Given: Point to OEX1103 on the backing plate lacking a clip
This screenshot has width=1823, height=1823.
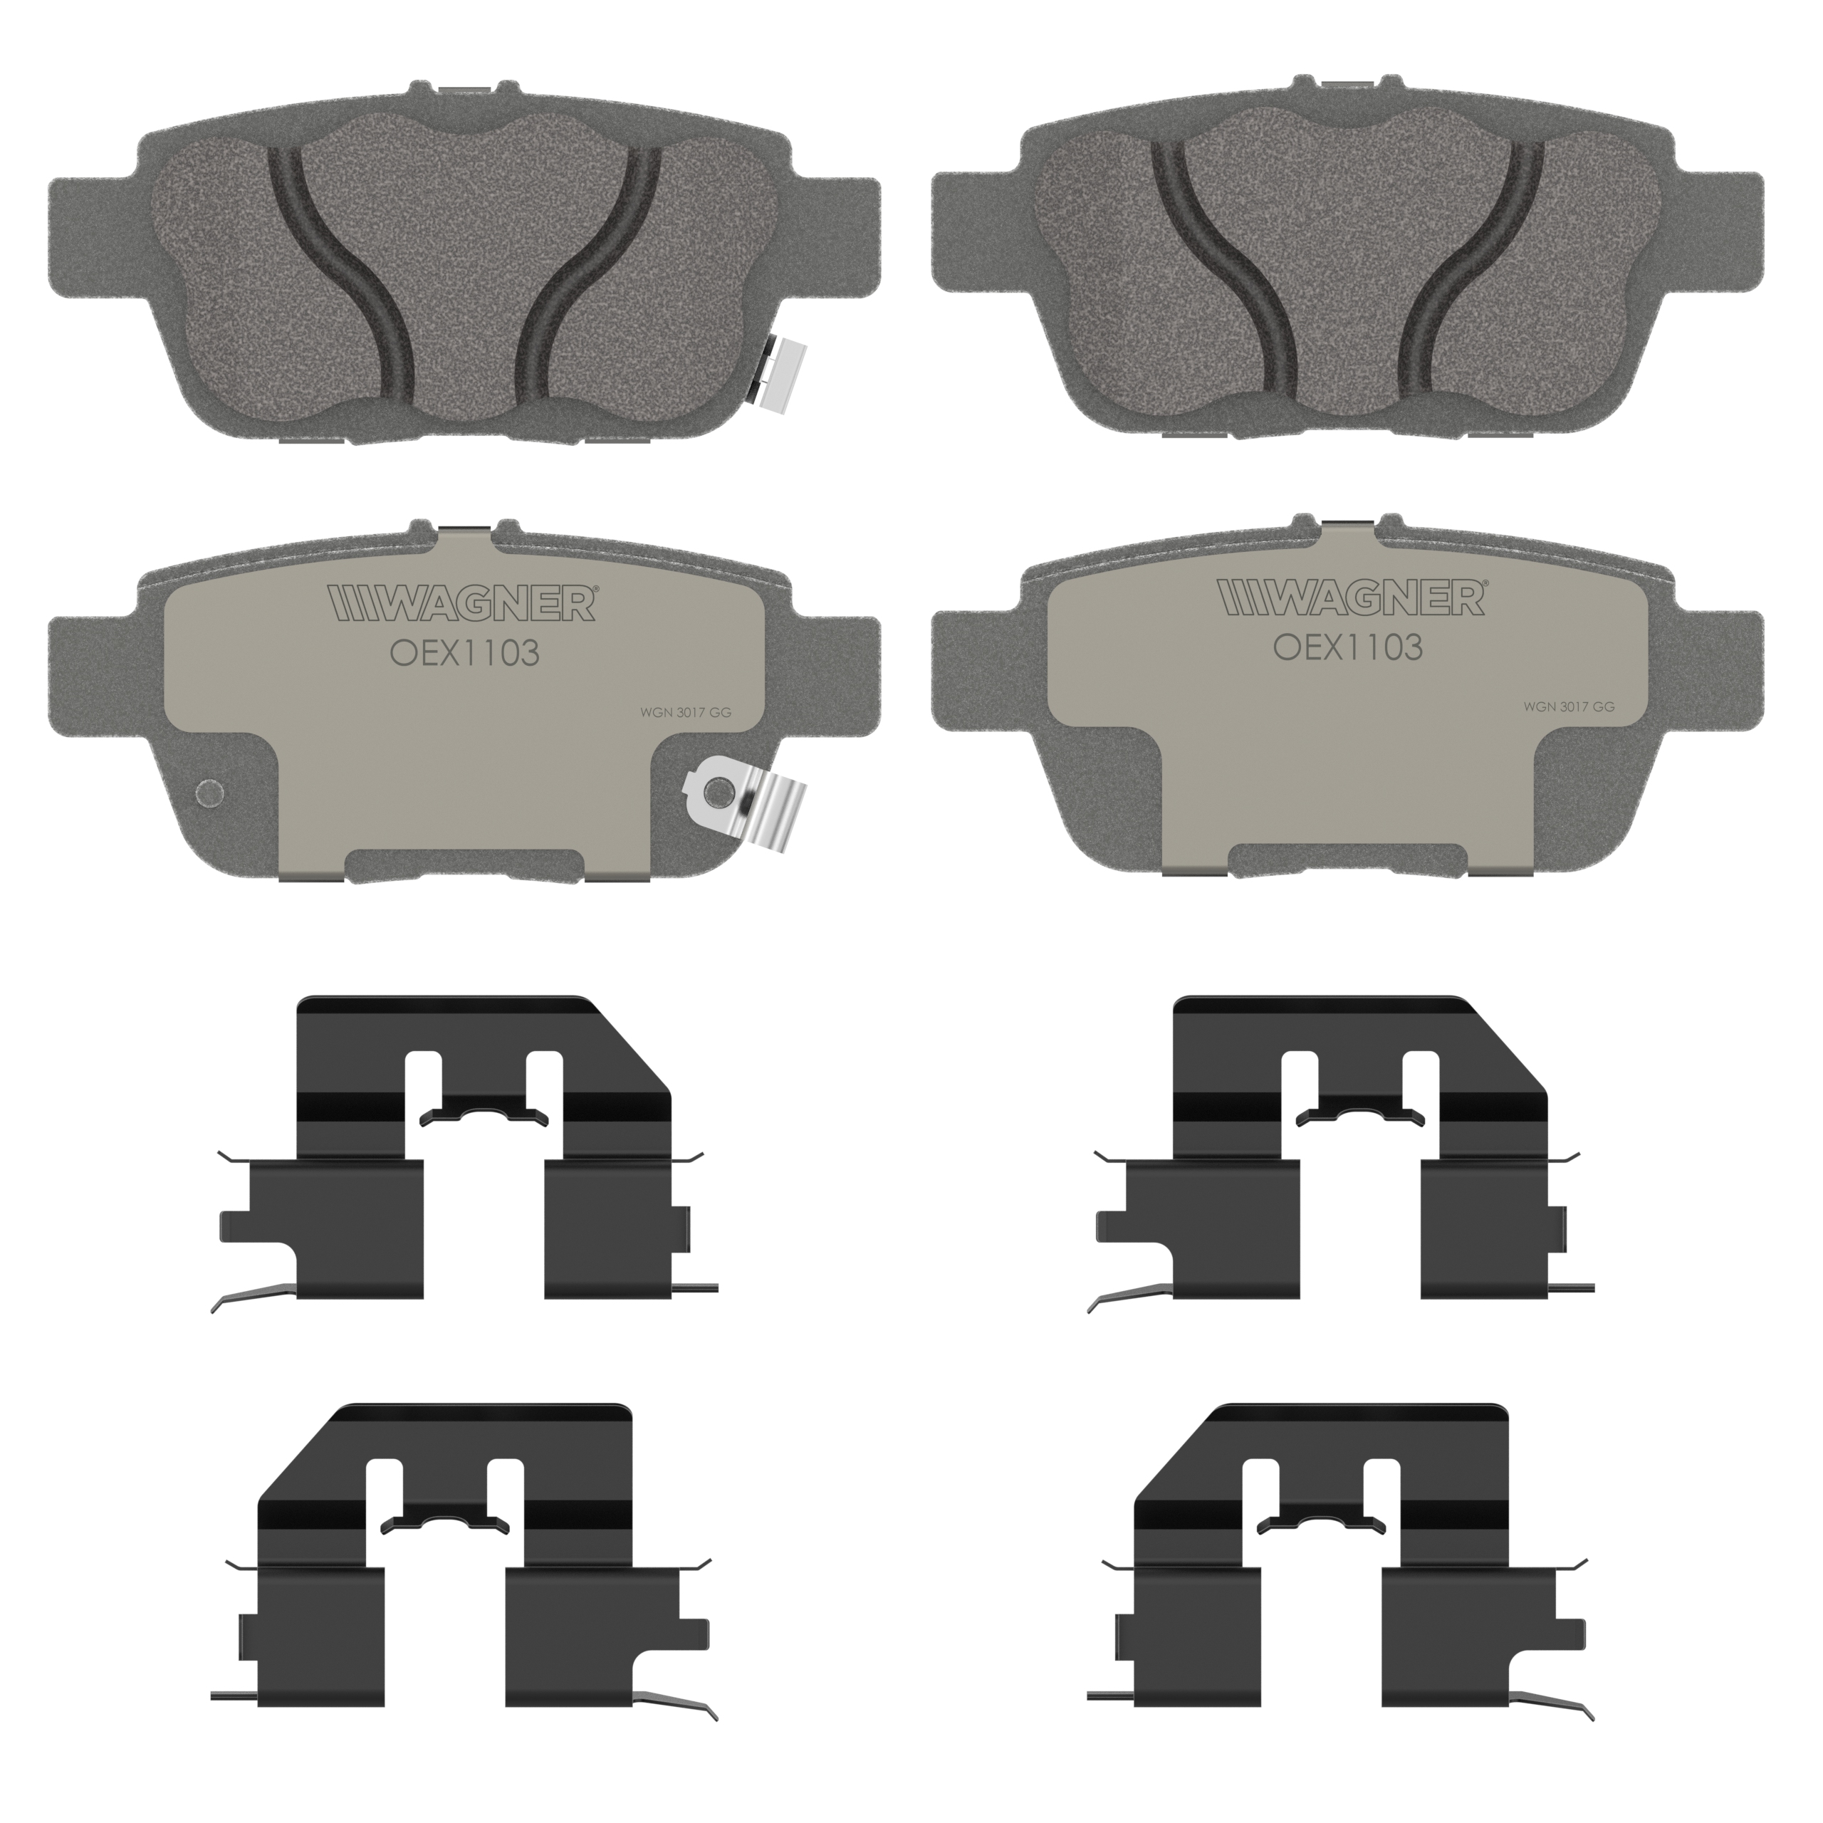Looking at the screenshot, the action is pos(1348,647).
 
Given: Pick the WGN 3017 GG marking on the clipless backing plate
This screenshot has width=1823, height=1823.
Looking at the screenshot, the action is pos(1568,706).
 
